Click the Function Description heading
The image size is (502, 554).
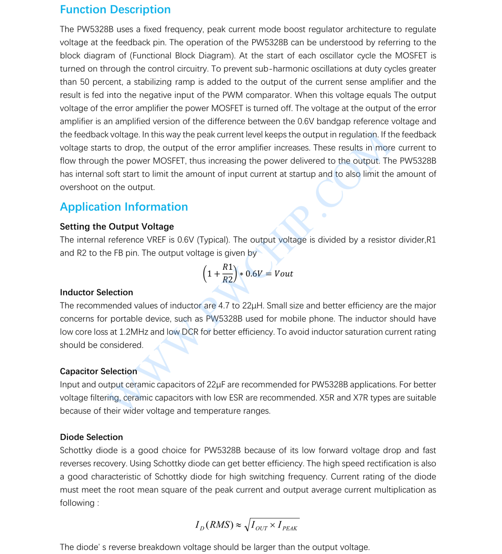coord(115,10)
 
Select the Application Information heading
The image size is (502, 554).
coord(124,207)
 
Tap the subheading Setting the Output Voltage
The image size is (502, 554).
coord(117,226)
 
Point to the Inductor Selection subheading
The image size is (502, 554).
coord(96,292)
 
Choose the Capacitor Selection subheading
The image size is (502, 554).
coord(98,371)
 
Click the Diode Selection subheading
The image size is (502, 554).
coord(91,437)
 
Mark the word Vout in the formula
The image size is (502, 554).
coord(283,274)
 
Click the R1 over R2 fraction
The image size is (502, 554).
coord(227,273)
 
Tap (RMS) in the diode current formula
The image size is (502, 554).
coord(220,525)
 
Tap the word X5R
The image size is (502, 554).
coord(328,398)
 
